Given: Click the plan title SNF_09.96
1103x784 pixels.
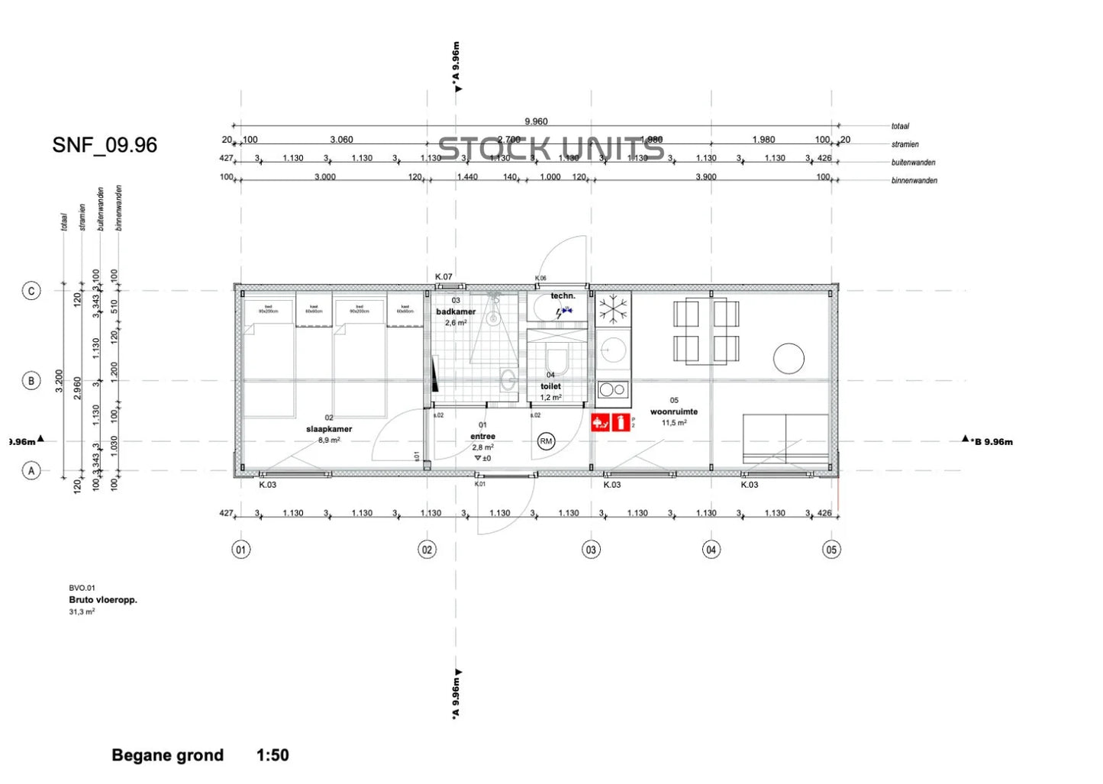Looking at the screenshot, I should click(105, 145).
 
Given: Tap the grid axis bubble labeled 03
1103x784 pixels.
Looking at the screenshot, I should click(591, 550).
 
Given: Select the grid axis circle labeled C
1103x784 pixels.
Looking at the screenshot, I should click(31, 291).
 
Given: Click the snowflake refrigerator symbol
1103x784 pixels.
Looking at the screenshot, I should click(613, 309).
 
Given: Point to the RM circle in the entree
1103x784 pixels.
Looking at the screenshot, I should click(546, 441).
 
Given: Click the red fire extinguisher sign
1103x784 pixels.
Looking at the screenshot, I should click(621, 421).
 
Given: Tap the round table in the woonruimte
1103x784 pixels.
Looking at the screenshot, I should click(789, 358).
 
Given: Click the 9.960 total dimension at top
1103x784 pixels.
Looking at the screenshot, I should click(536, 121).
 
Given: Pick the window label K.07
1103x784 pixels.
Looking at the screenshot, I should click(443, 277).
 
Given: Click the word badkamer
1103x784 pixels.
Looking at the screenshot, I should click(456, 311).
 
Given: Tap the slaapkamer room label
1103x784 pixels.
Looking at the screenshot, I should click(329, 429).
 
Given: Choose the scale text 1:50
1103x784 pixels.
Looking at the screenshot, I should click(273, 755).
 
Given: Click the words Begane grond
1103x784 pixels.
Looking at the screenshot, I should click(167, 755).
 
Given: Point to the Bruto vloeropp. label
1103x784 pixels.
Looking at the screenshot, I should click(103, 600).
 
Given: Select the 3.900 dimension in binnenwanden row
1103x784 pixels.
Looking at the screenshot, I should click(705, 177).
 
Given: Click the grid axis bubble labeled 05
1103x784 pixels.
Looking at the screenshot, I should click(831, 550).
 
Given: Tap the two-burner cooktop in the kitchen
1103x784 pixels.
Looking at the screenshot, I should click(612, 389).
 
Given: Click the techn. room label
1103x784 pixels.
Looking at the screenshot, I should click(563, 295).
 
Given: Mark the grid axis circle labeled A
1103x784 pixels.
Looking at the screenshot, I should click(31, 471).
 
